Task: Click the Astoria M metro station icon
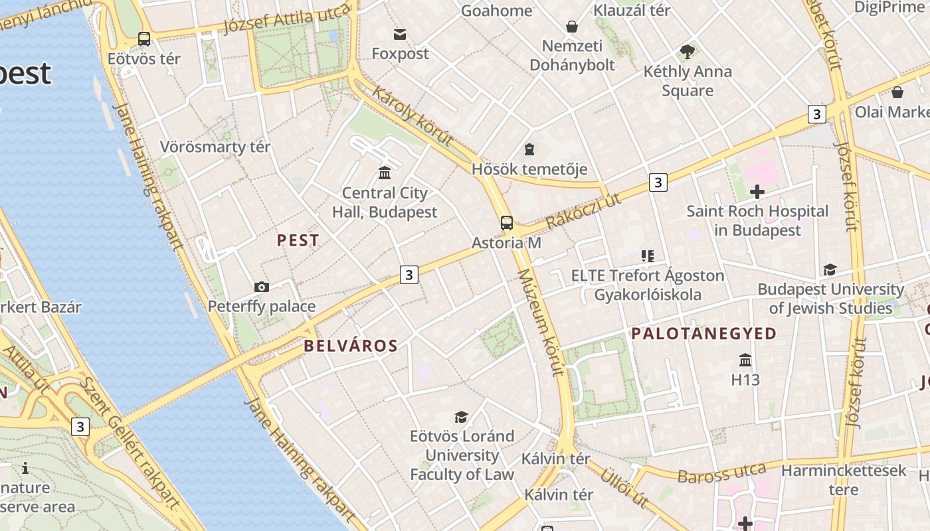[x=507, y=223]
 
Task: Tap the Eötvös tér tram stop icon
[x=144, y=39]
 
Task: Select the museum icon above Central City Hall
[x=385, y=173]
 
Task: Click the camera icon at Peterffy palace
[x=262, y=287]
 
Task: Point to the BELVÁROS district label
[x=351, y=346]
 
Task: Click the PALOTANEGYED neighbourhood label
[x=704, y=334]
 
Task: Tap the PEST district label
[x=298, y=240]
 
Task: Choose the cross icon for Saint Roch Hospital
[x=757, y=192]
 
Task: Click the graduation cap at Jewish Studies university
[x=830, y=269]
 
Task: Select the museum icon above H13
[x=745, y=360]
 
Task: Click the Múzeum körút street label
[x=540, y=322]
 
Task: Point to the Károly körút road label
[x=413, y=115]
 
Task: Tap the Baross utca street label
[x=723, y=473]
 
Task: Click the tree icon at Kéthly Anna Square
[x=688, y=51]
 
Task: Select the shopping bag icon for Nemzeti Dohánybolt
[x=571, y=27]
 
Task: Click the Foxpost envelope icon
[x=400, y=34]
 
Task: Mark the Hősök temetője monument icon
[x=529, y=149]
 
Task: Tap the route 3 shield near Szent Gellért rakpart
[x=80, y=427]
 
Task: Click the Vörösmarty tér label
[x=215, y=147]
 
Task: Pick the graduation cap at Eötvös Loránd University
[x=461, y=417]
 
